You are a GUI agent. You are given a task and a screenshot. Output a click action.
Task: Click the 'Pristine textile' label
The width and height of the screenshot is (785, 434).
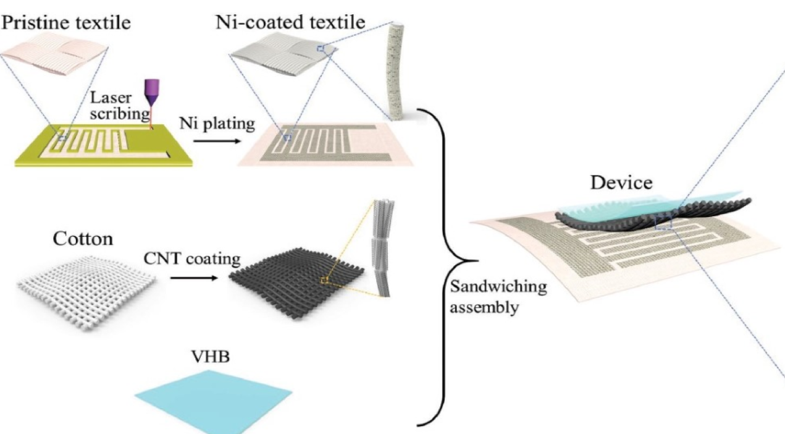[66, 23]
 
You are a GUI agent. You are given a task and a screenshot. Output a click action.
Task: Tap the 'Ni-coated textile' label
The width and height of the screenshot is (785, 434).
[290, 22]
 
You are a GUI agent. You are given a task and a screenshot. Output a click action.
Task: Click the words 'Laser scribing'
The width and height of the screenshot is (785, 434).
[119, 106]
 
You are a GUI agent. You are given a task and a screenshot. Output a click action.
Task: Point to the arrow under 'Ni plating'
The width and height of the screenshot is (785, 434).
[217, 141]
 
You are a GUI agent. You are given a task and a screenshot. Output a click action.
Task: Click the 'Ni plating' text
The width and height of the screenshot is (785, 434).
[217, 124]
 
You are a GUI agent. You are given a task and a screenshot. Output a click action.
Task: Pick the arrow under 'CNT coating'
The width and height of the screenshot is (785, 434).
[194, 278]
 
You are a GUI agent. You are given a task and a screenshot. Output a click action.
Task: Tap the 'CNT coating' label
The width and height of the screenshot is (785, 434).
[192, 258]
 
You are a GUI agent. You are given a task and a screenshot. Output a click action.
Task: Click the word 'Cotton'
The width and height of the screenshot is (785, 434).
[83, 239]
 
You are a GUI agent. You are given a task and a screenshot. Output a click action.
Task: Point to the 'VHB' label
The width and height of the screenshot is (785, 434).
[211, 357]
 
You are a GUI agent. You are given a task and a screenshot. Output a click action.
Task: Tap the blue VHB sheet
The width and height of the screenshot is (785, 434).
[213, 401]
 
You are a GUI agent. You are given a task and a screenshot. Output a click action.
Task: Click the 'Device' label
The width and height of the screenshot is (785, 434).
[621, 183]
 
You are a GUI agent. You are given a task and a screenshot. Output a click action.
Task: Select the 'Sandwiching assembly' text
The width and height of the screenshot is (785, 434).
[498, 297]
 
